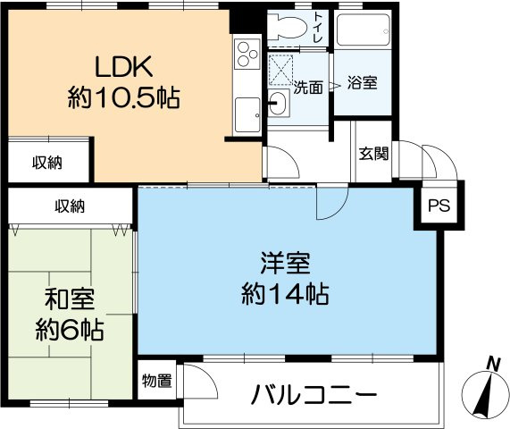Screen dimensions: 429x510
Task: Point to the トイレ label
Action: coord(319,28)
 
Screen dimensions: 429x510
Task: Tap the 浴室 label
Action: coord(363,83)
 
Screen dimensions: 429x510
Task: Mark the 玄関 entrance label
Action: coord(373,153)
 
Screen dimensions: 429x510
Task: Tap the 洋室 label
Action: coord(285,265)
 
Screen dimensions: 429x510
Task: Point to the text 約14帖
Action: coord(285,293)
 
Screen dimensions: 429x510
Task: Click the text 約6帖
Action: coord(70,330)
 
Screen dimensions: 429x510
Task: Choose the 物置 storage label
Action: coord(156,381)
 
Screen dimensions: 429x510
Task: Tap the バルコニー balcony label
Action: coord(314,394)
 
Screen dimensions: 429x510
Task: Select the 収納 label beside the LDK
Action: coord(48,162)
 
